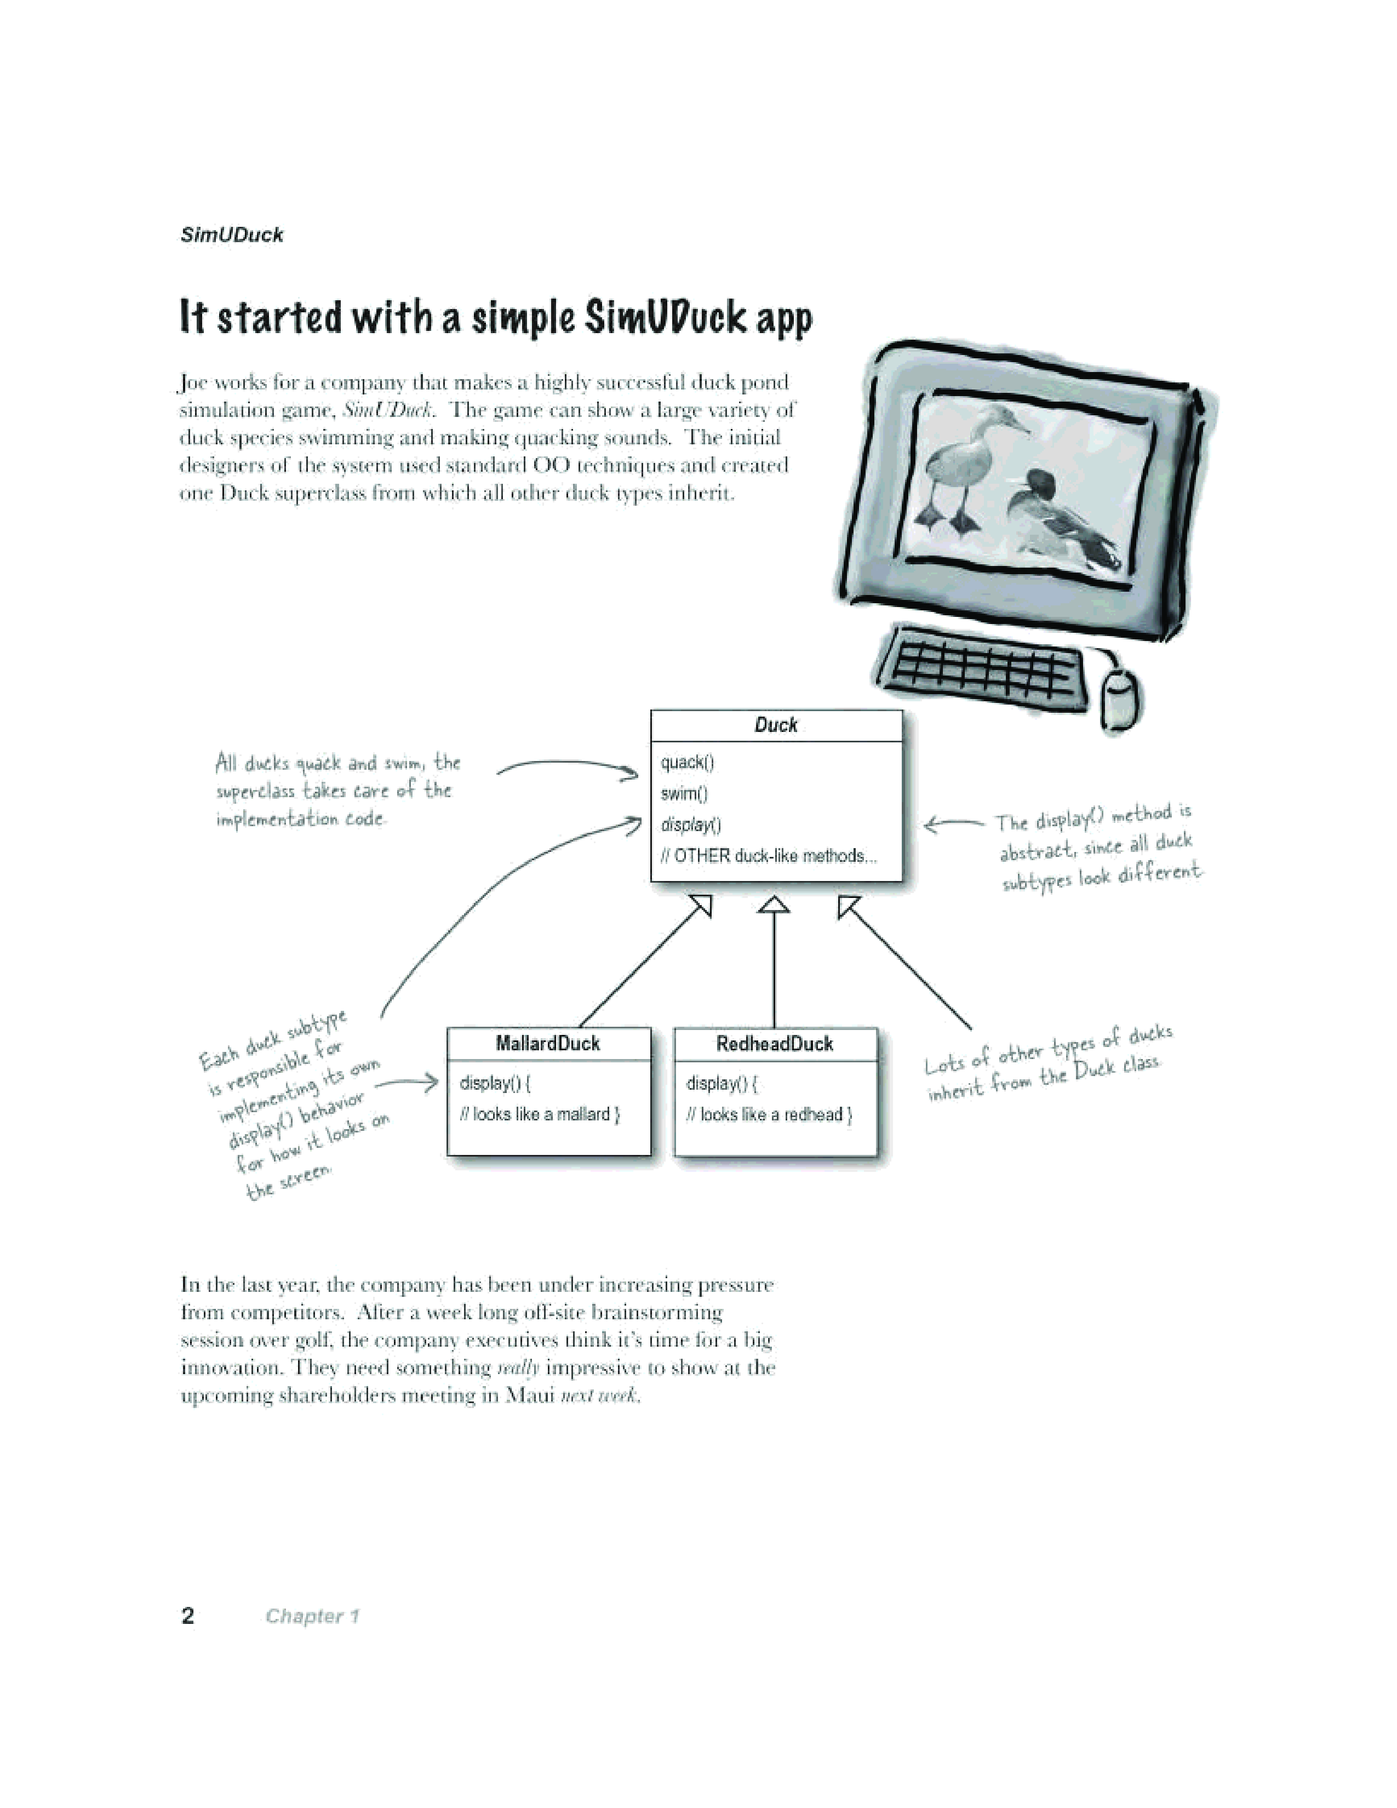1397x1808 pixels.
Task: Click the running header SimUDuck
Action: pos(232,235)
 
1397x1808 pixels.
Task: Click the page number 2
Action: pos(188,1616)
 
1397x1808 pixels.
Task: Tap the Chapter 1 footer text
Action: pos(312,1616)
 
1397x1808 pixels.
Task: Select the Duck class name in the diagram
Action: pos(775,725)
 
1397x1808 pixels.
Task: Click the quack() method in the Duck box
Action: pos(687,763)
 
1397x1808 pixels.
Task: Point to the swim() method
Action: pos(684,794)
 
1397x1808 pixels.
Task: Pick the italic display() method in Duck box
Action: pos(691,825)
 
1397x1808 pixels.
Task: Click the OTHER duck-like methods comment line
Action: pos(768,856)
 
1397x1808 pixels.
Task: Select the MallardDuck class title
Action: pos(548,1044)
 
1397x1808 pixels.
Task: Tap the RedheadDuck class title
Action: pos(775,1044)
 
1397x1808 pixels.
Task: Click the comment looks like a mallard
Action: pos(540,1114)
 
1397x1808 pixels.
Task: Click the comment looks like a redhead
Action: pos(769,1115)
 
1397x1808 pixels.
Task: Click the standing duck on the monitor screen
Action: pos(968,470)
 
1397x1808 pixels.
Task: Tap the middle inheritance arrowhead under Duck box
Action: pos(774,905)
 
